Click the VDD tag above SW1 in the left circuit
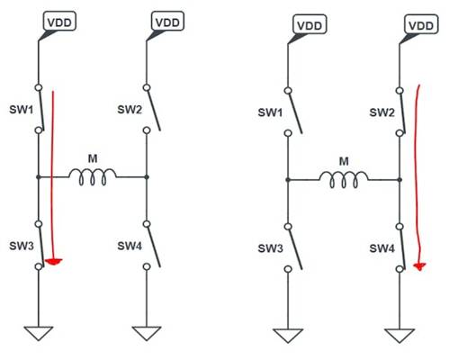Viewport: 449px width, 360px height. (x=58, y=21)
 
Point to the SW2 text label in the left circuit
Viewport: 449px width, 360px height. (x=129, y=110)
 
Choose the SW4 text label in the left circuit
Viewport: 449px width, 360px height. (x=129, y=245)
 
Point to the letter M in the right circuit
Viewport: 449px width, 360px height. (x=343, y=162)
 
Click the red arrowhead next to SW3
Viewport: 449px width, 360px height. (x=55, y=262)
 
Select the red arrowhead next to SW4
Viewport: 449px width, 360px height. (x=420, y=266)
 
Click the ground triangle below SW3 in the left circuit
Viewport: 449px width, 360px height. (x=38, y=332)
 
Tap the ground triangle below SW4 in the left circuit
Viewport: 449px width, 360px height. (x=146, y=332)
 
